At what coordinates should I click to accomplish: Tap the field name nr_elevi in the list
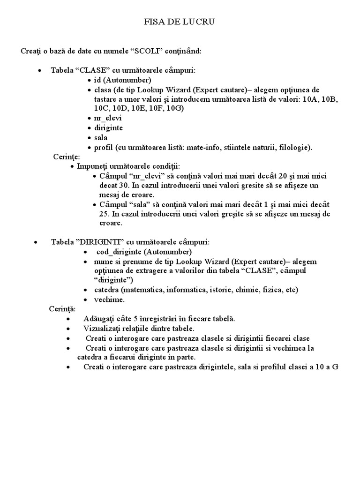[x=108, y=118]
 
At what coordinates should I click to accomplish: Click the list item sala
[x=100, y=138]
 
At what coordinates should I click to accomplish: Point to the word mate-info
[x=203, y=148]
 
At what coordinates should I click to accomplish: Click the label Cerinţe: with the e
[x=66, y=157]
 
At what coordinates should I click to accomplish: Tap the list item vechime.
[x=109, y=299]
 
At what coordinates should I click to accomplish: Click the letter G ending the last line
[x=335, y=367]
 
